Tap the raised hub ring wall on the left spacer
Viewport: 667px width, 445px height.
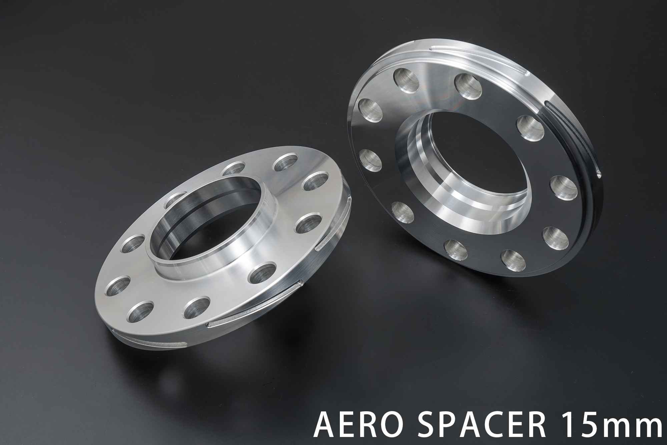click(x=187, y=247)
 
